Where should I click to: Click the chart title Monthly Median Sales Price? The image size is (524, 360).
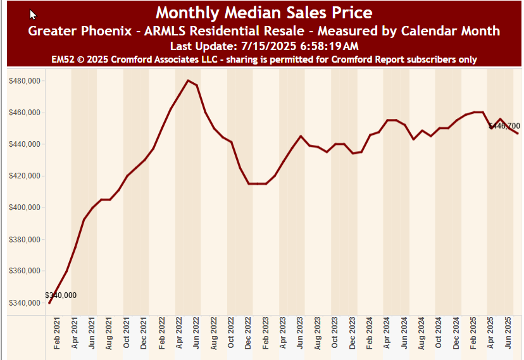pos(264,13)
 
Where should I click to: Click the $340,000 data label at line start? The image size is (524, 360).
pos(61,295)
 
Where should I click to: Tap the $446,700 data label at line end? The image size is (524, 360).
pos(504,126)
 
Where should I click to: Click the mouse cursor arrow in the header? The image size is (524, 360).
pos(33,14)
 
